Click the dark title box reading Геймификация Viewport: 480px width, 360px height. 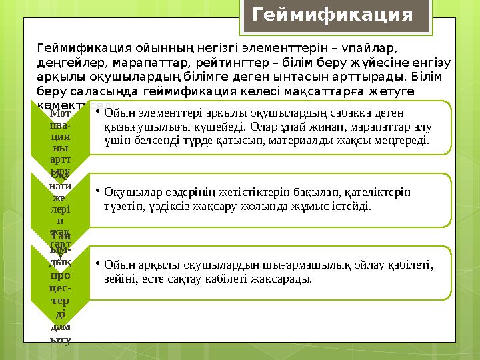pos(333,15)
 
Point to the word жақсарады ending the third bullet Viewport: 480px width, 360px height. pos(287,279)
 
